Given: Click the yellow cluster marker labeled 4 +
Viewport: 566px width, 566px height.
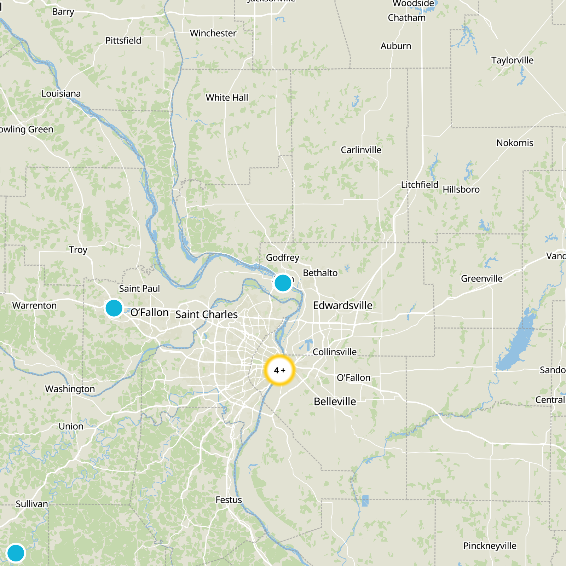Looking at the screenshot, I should pyautogui.click(x=279, y=370).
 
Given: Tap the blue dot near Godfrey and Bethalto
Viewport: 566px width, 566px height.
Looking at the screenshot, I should pyautogui.click(x=283, y=283).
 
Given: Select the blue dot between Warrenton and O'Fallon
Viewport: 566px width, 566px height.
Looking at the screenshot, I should pyautogui.click(x=114, y=308).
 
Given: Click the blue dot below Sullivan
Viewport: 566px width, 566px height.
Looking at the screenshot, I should pyautogui.click(x=16, y=553).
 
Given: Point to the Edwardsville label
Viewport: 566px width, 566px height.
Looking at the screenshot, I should pyautogui.click(x=342, y=305).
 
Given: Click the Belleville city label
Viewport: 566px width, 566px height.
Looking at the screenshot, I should pyautogui.click(x=335, y=402).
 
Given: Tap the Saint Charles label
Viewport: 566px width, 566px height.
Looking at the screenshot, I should pyautogui.click(x=207, y=314).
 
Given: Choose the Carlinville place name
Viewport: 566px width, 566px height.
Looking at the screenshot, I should pyautogui.click(x=361, y=150).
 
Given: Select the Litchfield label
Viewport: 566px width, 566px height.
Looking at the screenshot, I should pyautogui.click(x=420, y=185).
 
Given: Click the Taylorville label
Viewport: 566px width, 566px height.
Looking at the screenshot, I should pyautogui.click(x=512, y=60).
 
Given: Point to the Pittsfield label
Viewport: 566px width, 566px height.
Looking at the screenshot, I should pyautogui.click(x=123, y=41).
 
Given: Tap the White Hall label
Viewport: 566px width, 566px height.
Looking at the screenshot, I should pyautogui.click(x=227, y=98).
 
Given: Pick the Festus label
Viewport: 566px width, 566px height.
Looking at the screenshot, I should pyautogui.click(x=229, y=500).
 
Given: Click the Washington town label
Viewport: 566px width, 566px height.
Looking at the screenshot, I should pyautogui.click(x=70, y=389).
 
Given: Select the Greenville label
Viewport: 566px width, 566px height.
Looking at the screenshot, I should pyautogui.click(x=481, y=279).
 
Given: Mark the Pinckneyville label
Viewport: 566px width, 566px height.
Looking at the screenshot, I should pyautogui.click(x=490, y=546).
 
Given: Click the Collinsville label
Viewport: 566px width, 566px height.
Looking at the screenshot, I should pyautogui.click(x=334, y=352).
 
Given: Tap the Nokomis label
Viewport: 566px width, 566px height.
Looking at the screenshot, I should pyautogui.click(x=514, y=143).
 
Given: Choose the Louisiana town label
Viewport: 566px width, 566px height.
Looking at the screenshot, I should pyautogui.click(x=61, y=94).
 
